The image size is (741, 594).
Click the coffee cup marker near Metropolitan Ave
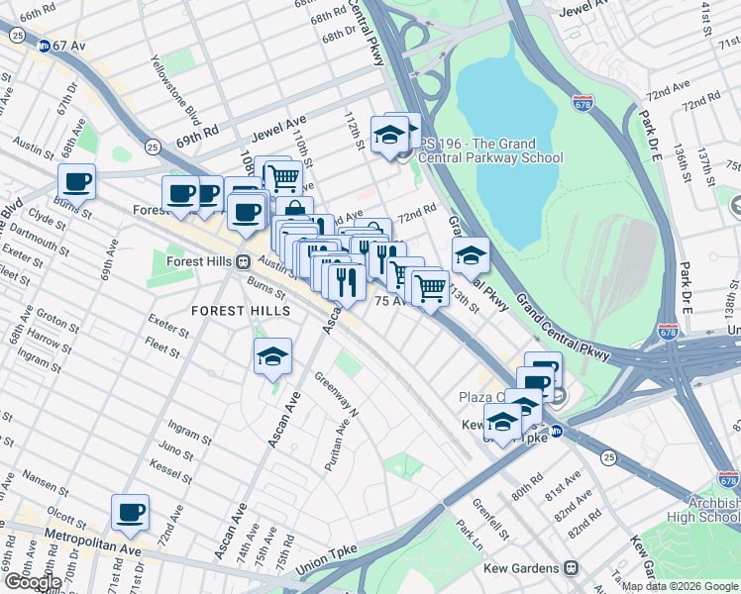(130, 513)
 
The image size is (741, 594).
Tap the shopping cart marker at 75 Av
(429, 288)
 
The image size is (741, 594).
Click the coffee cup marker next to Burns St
(76, 182)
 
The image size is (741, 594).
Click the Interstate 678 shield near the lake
(583, 103)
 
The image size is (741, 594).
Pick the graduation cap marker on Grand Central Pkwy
(471, 254)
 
